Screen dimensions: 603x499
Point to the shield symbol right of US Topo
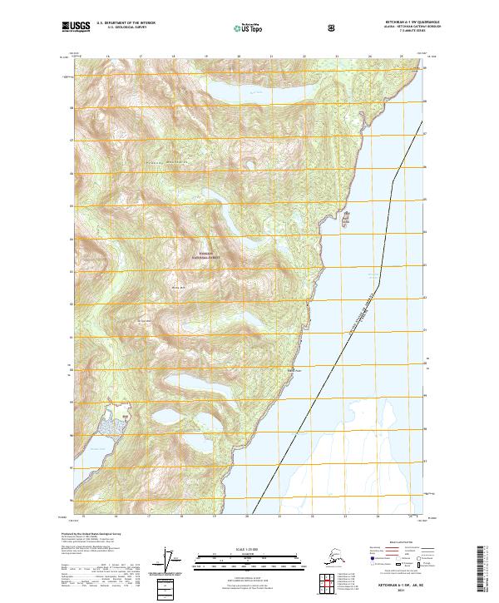click(332, 27)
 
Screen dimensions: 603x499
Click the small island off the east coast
click(346, 219)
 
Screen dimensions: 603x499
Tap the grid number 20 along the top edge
click(239, 57)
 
